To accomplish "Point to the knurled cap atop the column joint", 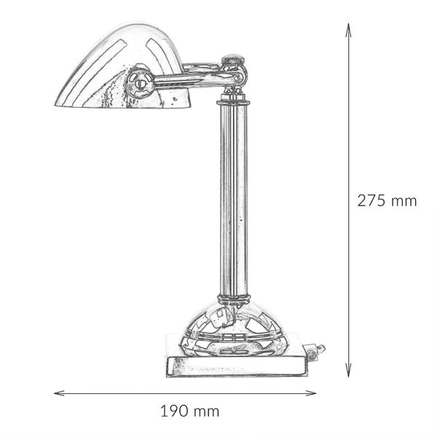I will point(233,58).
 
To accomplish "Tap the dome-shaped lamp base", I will point(233,324).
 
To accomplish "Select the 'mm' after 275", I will point(404,202).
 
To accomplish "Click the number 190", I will point(173,412).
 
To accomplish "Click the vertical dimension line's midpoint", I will point(349,199).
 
